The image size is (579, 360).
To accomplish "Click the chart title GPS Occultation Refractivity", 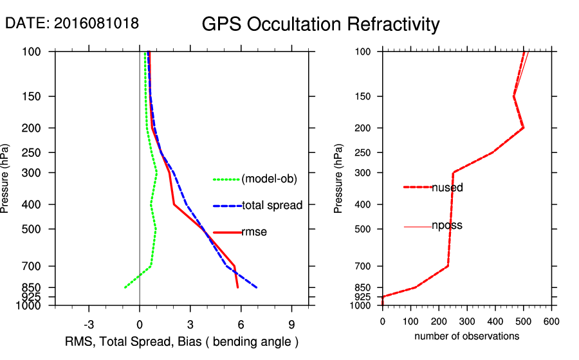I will pyautogui.click(x=320, y=24).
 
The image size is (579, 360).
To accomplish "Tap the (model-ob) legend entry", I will pyautogui.click(x=270, y=179).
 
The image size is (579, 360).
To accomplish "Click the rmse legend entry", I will pyautogui.click(x=254, y=232).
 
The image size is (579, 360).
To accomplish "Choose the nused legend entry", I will pyautogui.click(x=447, y=188).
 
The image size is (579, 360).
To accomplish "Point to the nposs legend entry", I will pyautogui.click(x=447, y=226).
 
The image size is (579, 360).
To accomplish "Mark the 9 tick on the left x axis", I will pyautogui.click(x=291, y=323).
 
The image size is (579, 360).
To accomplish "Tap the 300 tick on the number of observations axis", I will pyautogui.click(x=467, y=321).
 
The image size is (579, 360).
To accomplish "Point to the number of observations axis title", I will pyautogui.click(x=466, y=336).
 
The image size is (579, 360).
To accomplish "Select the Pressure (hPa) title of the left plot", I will pyautogui.click(x=6, y=179).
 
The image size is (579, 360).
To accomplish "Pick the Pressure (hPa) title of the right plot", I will pyautogui.click(x=340, y=179).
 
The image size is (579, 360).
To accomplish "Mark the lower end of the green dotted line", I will pyautogui.click(x=125, y=287).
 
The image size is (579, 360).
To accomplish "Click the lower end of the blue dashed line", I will pyautogui.click(x=257, y=287).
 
